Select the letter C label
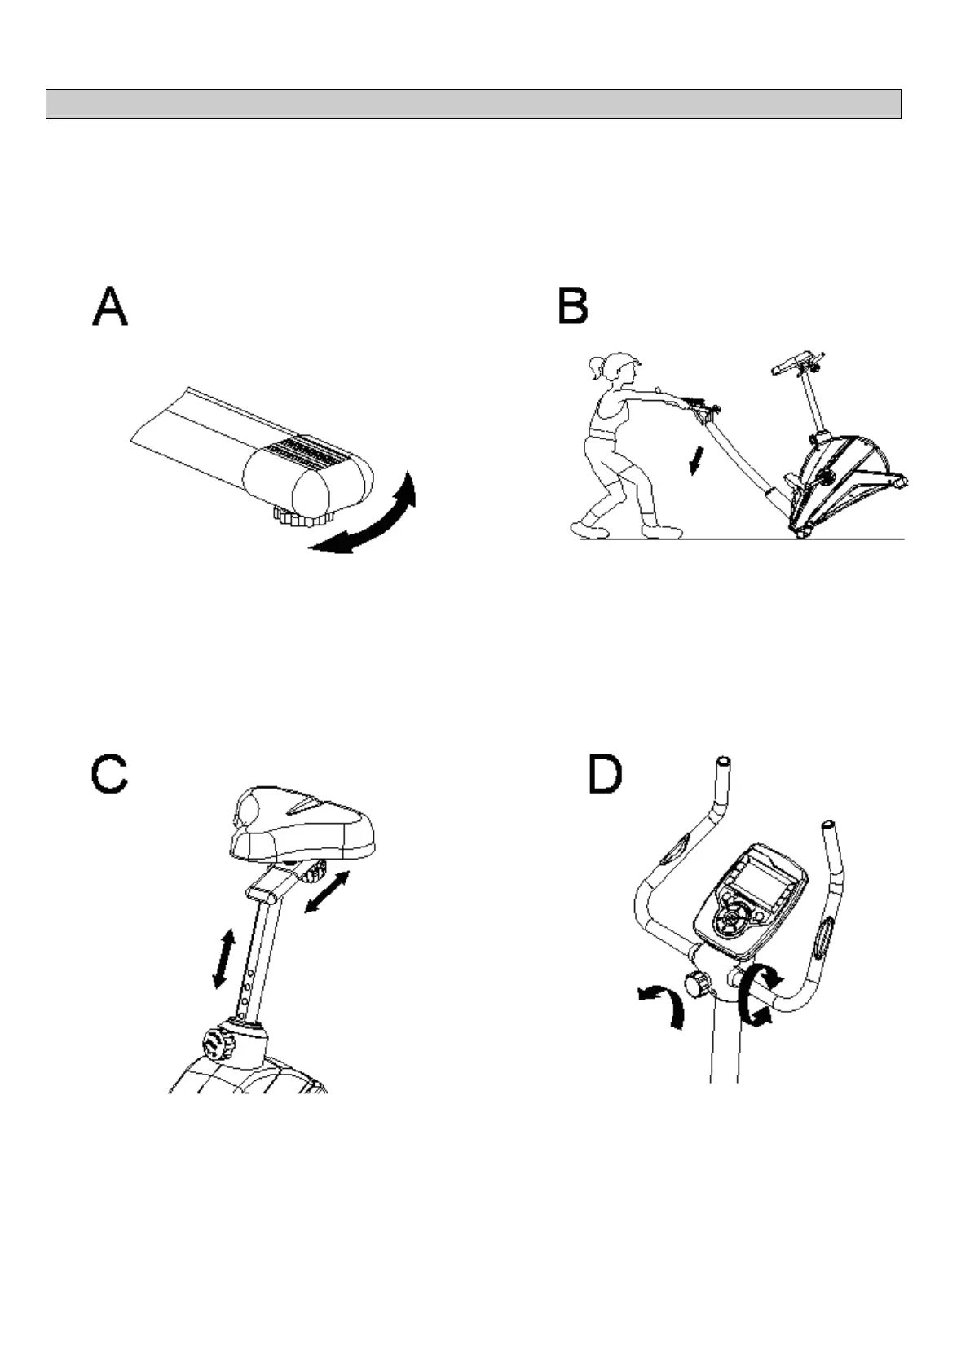point(109,775)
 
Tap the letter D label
point(604,775)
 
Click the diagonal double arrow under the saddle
point(328,892)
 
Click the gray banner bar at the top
point(473,103)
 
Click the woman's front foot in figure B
point(661,531)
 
